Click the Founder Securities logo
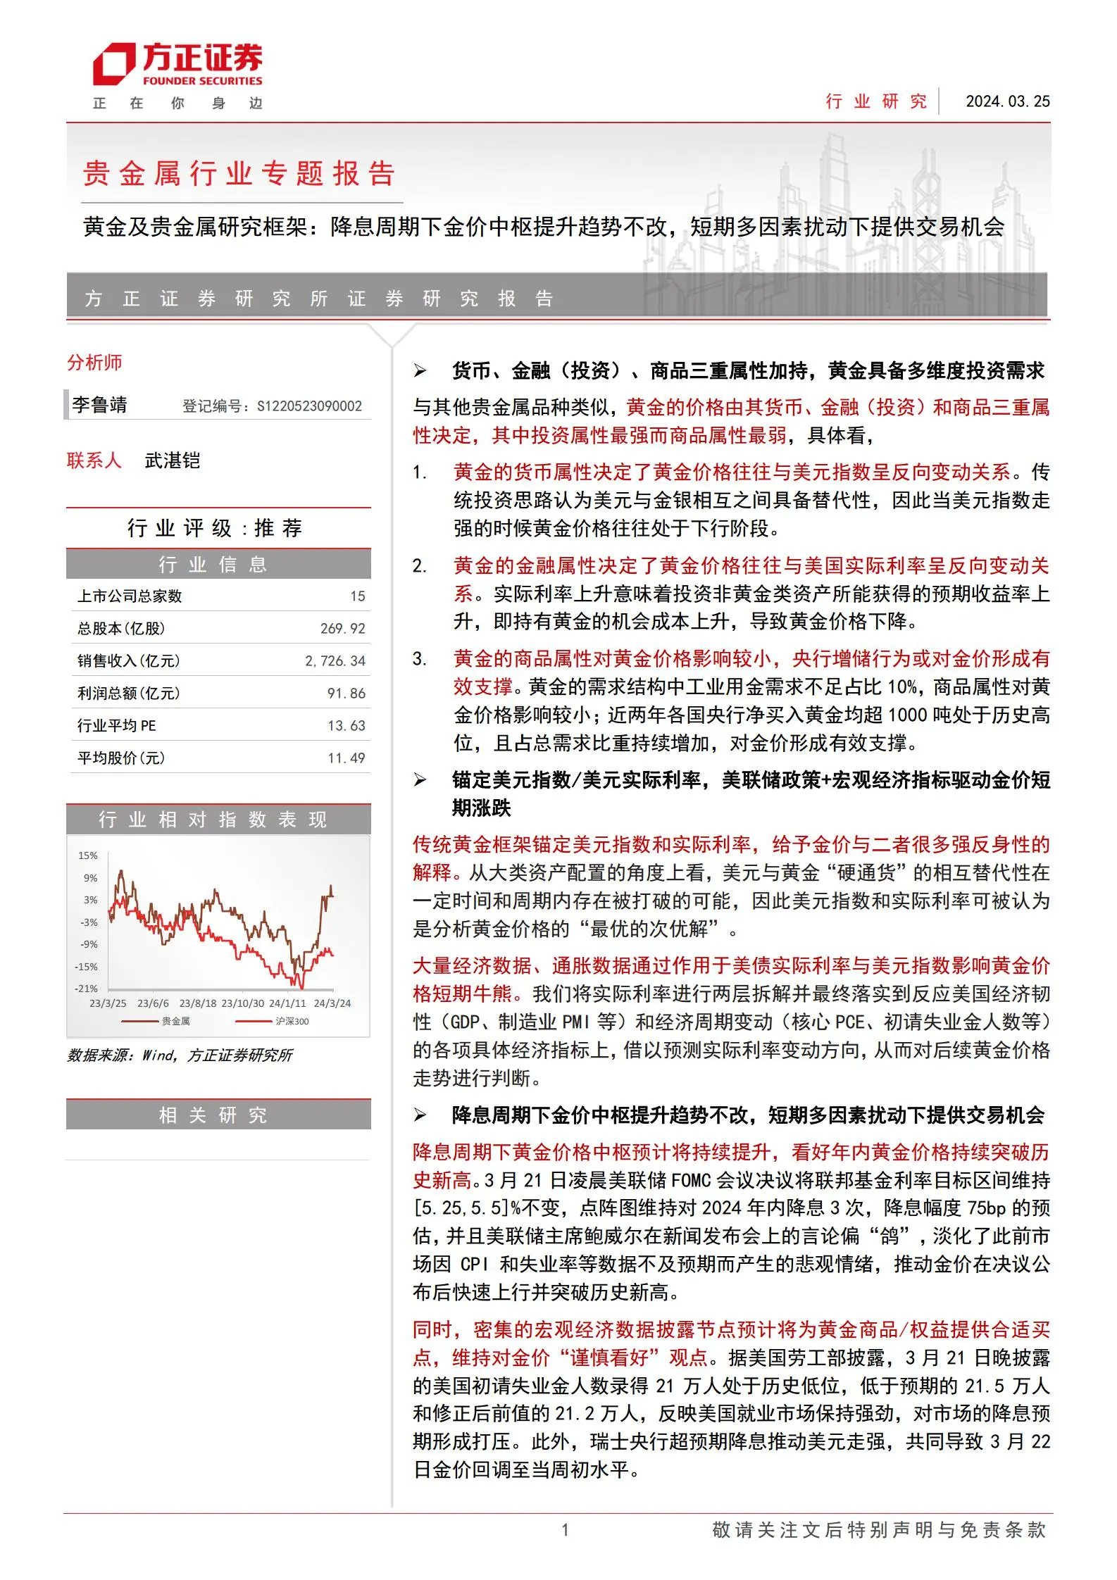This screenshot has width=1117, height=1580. tap(177, 65)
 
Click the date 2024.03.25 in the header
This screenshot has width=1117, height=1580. tap(1007, 101)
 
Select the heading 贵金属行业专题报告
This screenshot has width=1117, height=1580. tap(239, 173)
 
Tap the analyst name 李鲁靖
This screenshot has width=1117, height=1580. tap(100, 405)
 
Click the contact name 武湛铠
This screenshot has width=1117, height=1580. tap(173, 460)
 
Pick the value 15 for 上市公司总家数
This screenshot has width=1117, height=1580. tap(358, 596)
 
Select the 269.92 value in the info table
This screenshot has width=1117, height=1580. tap(343, 629)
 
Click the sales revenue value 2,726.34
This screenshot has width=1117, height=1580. tap(335, 661)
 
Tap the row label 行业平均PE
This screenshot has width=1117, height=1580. tap(117, 726)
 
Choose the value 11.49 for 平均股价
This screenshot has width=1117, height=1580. tap(347, 758)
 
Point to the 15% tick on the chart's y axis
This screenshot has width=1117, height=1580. tap(88, 855)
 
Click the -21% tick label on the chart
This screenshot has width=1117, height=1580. tap(87, 989)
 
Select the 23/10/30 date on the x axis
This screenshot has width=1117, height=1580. tap(243, 1003)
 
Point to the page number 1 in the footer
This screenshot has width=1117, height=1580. tap(565, 1530)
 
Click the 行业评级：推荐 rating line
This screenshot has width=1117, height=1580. tap(215, 528)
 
